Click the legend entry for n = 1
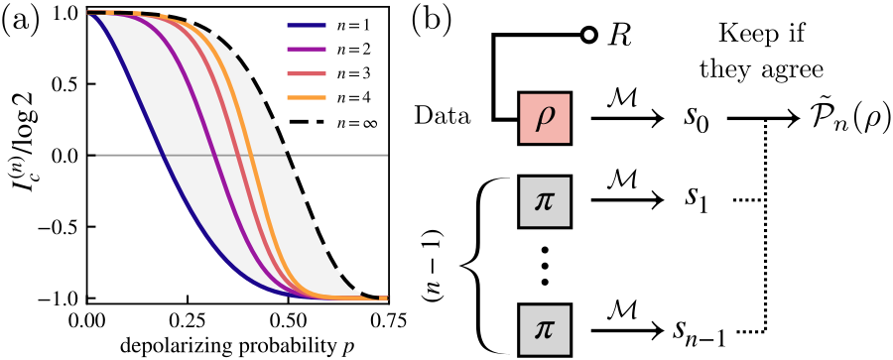[x=327, y=25]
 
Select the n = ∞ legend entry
[x=328, y=122]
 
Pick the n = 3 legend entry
[x=327, y=74]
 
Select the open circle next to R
[x=589, y=36]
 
